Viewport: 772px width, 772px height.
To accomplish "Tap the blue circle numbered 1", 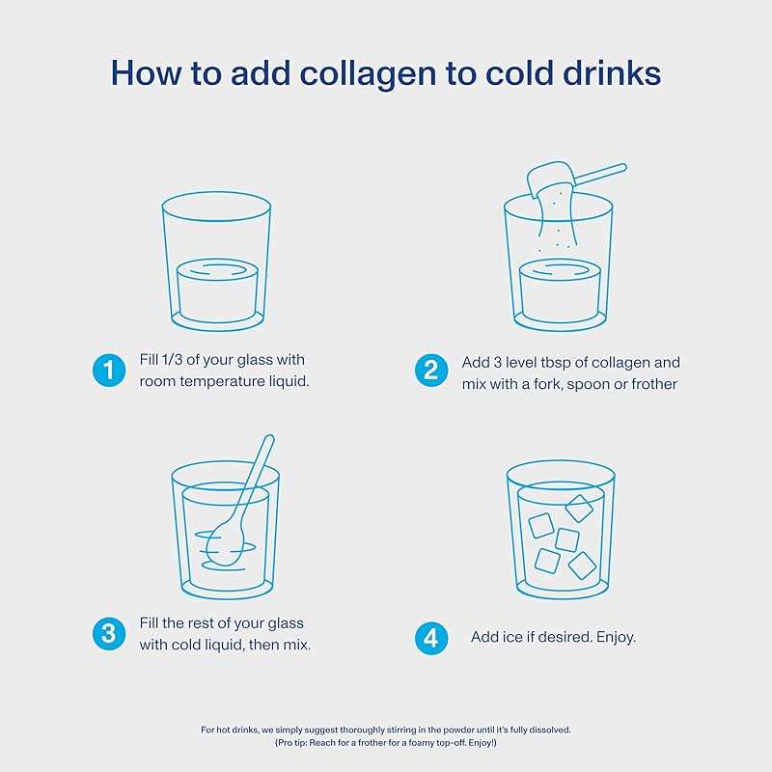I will [x=109, y=370].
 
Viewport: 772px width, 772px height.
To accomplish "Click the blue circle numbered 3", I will [x=109, y=633].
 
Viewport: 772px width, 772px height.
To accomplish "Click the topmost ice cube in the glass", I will [x=579, y=507].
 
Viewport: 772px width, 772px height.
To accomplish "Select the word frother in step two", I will [x=655, y=384].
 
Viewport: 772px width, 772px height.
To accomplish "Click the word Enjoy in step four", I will [x=614, y=638].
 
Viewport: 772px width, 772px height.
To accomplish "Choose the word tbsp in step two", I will [x=558, y=363].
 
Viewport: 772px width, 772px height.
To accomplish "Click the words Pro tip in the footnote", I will [x=296, y=743].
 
